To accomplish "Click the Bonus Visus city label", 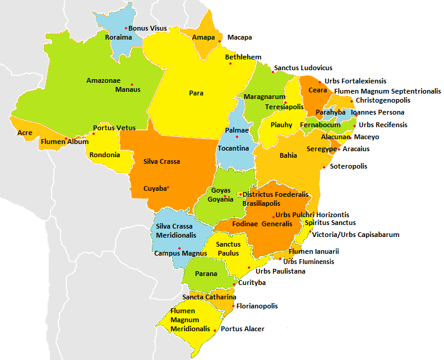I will pos(148,28).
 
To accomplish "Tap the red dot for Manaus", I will pos(132,85).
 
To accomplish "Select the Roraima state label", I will pos(118,37).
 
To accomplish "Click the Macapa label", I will pos(239,37).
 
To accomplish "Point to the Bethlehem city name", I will pos(243,57).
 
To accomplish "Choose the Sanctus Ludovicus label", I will pos(303,68).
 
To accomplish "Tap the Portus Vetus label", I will pos(114,128).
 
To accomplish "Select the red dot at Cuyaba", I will pos(169,188).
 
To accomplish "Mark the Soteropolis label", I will pos(349,166).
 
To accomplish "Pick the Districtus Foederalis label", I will pos(275,194).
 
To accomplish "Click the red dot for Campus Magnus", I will pos(179,248).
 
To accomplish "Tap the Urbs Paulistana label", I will pos(280,271).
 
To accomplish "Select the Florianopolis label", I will pos(257,306).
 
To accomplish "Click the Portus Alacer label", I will pos(242,329).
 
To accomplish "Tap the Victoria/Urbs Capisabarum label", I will pos(356,235).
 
